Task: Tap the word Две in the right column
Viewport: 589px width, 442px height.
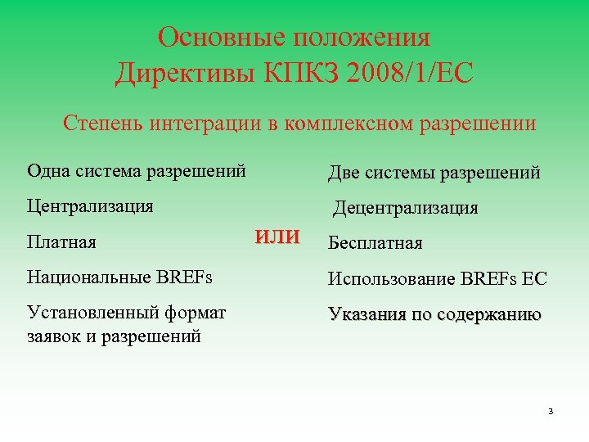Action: (x=346, y=173)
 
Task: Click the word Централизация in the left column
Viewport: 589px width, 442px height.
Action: (x=90, y=205)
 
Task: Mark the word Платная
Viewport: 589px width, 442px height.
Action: (x=61, y=242)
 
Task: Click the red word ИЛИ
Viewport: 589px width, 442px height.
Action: (x=278, y=237)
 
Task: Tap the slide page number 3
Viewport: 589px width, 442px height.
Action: (x=551, y=411)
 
